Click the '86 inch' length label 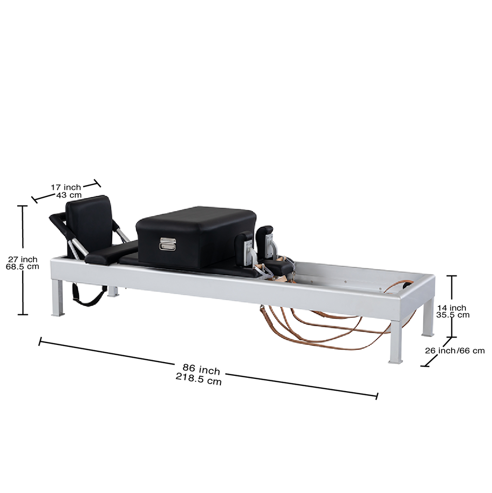tap(201, 369)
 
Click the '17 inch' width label tap(65, 187)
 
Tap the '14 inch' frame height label tap(451, 308)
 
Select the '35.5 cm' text tap(452, 315)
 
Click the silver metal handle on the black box tap(168, 244)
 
